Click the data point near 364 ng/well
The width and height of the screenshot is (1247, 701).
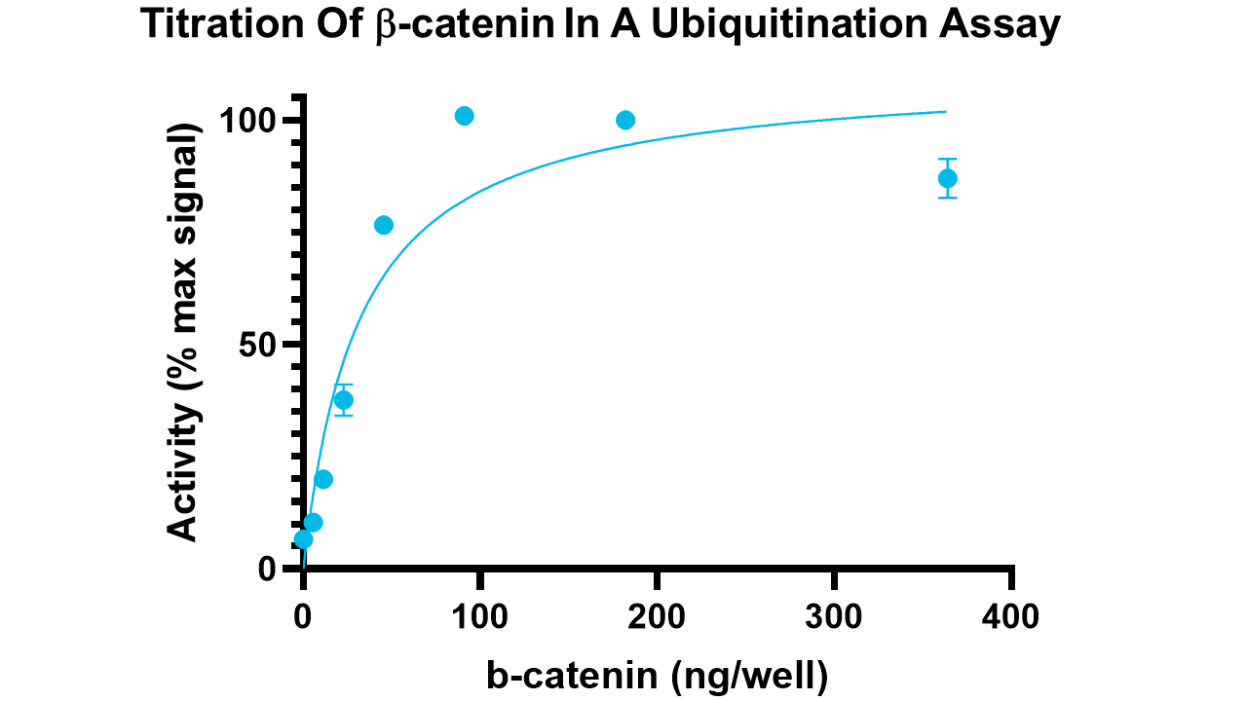click(x=947, y=178)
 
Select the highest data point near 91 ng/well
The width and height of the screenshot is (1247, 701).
click(x=465, y=116)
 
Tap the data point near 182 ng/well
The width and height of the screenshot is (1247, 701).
click(x=625, y=120)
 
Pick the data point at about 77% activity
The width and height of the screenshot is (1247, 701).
click(x=384, y=225)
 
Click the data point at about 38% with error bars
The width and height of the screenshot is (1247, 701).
click(x=344, y=400)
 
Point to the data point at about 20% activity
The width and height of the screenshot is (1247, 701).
click(x=323, y=479)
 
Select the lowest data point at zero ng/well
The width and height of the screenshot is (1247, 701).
click(x=303, y=538)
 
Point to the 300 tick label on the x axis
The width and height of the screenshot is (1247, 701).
click(x=835, y=616)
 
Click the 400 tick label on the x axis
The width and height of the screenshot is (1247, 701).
click(x=1011, y=616)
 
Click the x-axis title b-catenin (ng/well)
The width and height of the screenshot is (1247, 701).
click(x=658, y=674)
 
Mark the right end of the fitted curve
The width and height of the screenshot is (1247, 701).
click(x=945, y=111)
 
